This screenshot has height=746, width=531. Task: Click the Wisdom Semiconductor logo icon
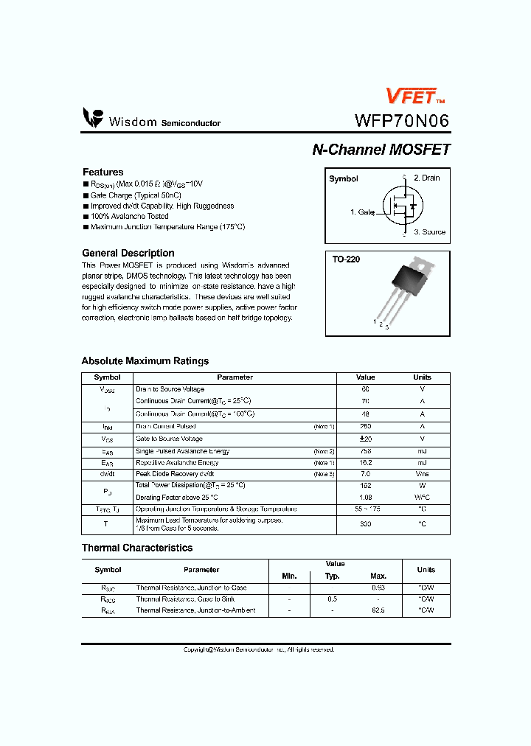click(93, 118)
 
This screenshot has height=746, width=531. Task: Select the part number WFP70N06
click(402, 120)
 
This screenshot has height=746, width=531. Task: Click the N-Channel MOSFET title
click(381, 149)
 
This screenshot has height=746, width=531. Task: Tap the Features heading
click(103, 172)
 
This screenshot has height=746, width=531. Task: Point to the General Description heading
click(128, 253)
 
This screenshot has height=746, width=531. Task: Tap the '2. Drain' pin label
click(426, 178)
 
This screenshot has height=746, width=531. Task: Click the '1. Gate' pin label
click(362, 212)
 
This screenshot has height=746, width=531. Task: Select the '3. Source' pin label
click(429, 232)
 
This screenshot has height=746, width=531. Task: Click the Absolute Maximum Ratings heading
click(145, 361)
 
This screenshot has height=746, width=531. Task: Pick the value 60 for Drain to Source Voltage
click(365, 388)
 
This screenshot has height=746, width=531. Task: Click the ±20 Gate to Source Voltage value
click(365, 439)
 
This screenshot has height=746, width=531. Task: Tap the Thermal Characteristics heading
click(136, 548)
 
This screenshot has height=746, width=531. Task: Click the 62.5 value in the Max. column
click(378, 610)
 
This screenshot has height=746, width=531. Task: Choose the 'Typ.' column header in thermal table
click(333, 576)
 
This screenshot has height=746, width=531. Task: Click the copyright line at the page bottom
click(259, 649)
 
